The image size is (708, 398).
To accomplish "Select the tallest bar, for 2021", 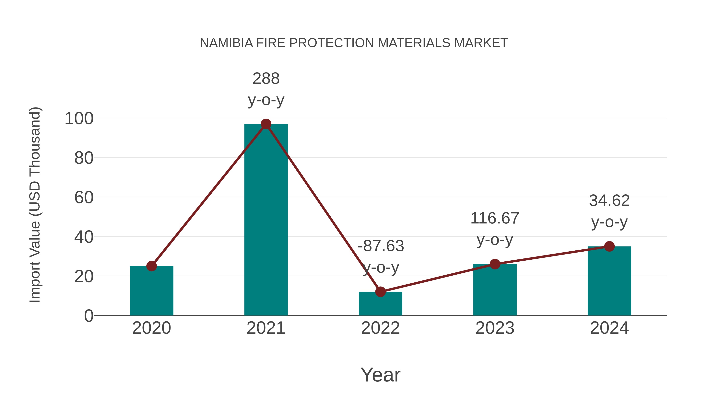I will click(x=266, y=220).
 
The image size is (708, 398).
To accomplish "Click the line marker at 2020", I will click(x=151, y=266).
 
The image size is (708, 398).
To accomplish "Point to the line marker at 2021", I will click(x=266, y=124).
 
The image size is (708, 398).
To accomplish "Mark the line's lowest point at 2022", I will click(x=380, y=292).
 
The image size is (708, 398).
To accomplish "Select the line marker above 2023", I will click(x=495, y=264).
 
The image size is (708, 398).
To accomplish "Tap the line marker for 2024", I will click(x=609, y=246).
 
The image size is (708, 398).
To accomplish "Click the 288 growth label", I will click(x=266, y=79).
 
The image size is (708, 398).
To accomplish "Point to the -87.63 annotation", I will click(x=381, y=246).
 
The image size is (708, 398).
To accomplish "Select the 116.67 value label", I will click(x=495, y=218).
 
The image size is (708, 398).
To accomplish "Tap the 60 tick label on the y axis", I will click(x=84, y=198).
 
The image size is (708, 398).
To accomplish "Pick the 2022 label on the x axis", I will click(x=380, y=328).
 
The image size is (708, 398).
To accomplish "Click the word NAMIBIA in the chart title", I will click(x=226, y=43).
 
